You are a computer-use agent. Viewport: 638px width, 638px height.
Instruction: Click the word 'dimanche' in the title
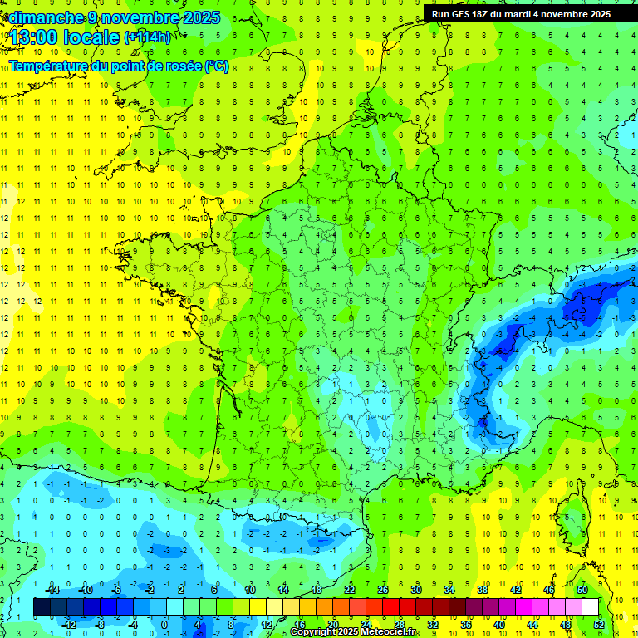[42, 17]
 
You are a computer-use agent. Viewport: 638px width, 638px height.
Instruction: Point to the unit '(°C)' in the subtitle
[216, 66]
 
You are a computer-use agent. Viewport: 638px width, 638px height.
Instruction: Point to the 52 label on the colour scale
[599, 625]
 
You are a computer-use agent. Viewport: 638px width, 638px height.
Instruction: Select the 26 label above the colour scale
[383, 590]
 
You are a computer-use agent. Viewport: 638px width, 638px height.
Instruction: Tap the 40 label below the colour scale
[499, 625]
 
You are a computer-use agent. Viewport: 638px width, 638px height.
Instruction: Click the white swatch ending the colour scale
[591, 607]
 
